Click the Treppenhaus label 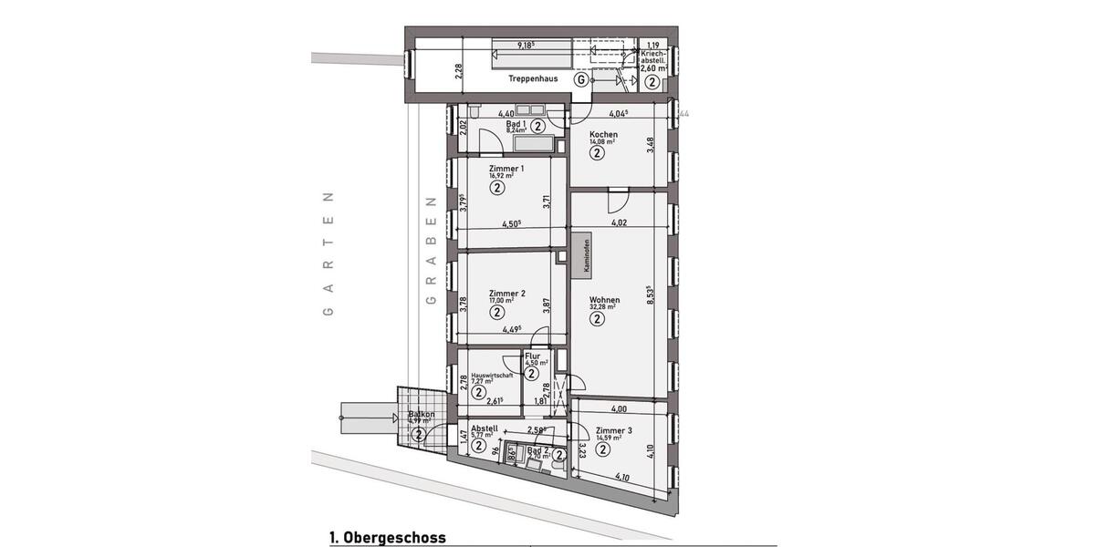click(534, 79)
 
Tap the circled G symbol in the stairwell click(579, 79)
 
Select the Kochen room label click(603, 135)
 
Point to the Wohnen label click(604, 300)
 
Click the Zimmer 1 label click(506, 169)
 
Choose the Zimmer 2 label click(506, 294)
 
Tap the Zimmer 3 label click(613, 430)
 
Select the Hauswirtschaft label click(492, 375)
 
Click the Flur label click(533, 356)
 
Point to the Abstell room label click(484, 428)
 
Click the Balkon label click(422, 415)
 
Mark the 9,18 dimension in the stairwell click(525, 45)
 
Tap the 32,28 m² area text click(602, 308)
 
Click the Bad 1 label click(516, 123)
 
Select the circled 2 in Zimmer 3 click(604, 449)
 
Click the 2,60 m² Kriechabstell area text click(653, 67)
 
